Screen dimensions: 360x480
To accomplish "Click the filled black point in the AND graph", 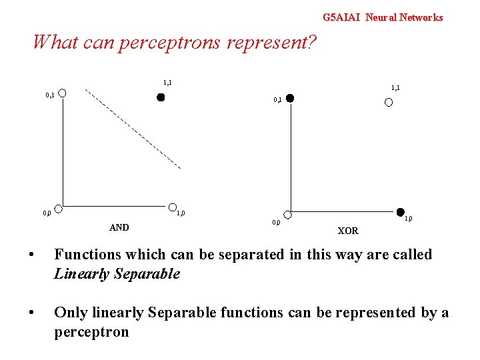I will click(160, 97).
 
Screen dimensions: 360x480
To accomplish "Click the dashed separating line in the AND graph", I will click(133, 127).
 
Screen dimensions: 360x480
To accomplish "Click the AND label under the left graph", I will click(119, 227).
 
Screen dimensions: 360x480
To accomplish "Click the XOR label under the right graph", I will click(348, 231).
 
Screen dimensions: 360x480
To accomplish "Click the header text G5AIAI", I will click(341, 17).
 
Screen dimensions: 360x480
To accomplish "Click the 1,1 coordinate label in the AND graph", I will click(167, 83).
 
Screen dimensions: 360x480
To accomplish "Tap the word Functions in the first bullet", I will click(87, 255).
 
